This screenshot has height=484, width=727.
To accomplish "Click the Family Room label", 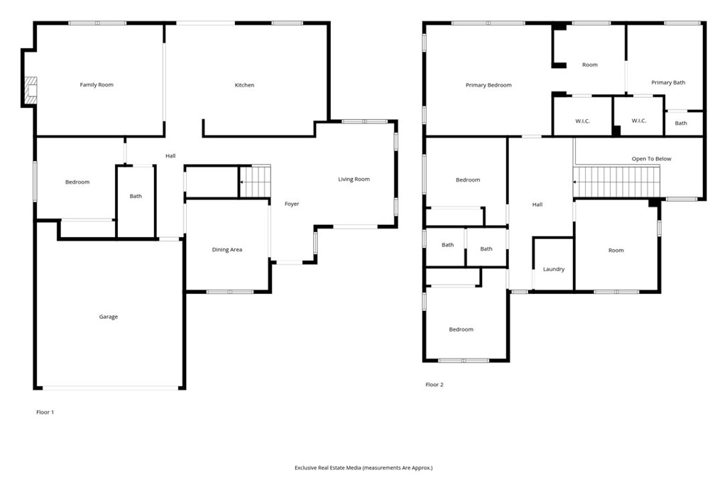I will pos(97,85).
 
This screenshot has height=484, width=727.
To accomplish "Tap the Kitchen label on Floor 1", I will pos(244,85).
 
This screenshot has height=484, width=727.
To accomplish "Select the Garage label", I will pos(108,317).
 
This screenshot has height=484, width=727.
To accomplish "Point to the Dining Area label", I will pos(227,250).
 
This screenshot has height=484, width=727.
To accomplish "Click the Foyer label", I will pos(292,204).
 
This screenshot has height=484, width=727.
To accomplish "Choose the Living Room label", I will pos(354,180).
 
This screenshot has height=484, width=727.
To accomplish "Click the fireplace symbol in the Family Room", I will pos(31,90).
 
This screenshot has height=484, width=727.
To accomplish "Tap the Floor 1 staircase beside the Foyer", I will pos(256,181).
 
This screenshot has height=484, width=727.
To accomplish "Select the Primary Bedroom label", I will pos(488,85).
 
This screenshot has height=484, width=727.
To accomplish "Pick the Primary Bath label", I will pos(668,83).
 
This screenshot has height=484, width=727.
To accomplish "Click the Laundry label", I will pos(554,270).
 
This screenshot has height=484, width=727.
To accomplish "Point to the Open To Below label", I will pos(651,159).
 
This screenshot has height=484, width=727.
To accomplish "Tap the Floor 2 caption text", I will pos(434,385).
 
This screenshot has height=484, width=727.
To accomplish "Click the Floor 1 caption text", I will pos(45,412).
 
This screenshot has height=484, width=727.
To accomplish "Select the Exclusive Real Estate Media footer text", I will pos(363,468).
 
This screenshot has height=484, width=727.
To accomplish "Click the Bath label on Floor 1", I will pos(136,197).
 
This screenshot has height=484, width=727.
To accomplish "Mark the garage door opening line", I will pos(110,387).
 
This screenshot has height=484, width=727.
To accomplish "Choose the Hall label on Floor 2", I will pos(537,205).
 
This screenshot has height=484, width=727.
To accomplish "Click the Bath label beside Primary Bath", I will pos(681,123).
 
